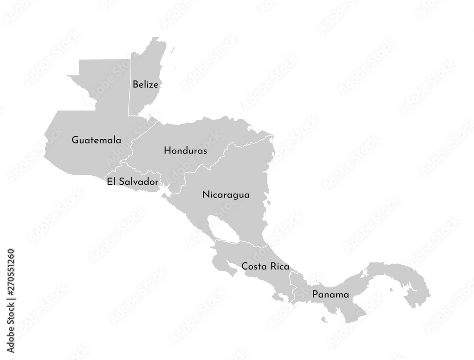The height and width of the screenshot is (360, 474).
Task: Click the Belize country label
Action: (x=146, y=85)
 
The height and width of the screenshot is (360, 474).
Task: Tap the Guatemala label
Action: (x=96, y=140)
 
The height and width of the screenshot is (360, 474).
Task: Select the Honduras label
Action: (x=185, y=151)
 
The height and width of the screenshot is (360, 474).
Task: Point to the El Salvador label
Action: (x=132, y=181)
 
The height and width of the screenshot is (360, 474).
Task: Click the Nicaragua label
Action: (x=226, y=195)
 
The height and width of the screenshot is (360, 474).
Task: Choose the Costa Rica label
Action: (x=265, y=267)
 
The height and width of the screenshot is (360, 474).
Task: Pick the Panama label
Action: (x=330, y=295)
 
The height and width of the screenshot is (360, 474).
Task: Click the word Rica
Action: (x=279, y=267)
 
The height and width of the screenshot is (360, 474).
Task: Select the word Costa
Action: (x=252, y=267)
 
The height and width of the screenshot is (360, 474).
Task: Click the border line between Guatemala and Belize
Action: (x=129, y=85)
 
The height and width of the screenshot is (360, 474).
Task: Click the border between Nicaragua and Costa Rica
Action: (x=242, y=243)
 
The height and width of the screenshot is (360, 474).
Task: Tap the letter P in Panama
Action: (x=315, y=295)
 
